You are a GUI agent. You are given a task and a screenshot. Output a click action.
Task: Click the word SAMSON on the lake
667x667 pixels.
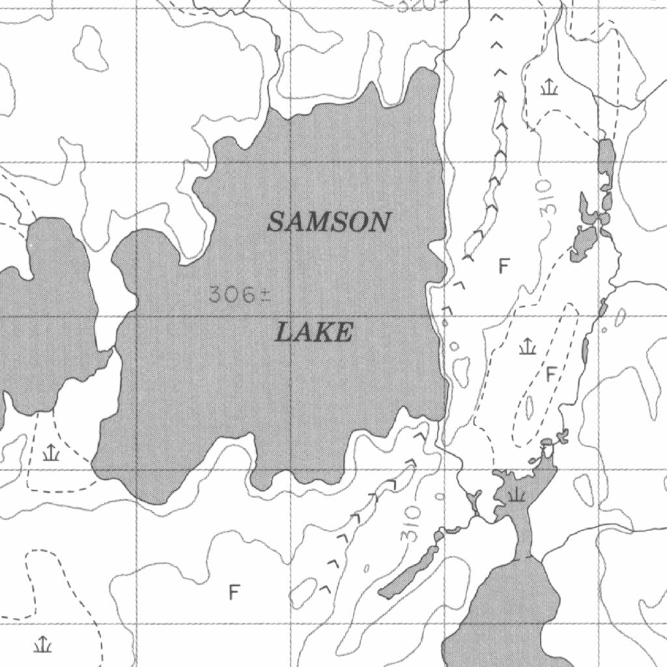(x=329, y=222)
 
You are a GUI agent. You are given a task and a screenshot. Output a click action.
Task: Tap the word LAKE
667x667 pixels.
(x=314, y=333)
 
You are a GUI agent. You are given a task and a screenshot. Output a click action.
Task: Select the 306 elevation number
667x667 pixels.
(x=232, y=295)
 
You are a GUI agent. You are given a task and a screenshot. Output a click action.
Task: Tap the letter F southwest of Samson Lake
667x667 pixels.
(x=234, y=592)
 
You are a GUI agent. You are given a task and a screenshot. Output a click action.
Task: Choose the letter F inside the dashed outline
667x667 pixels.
(x=550, y=374)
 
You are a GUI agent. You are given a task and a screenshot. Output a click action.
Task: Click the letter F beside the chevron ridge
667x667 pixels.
(x=503, y=265)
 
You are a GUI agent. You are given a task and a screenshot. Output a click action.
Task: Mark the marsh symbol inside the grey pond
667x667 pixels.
(x=517, y=494)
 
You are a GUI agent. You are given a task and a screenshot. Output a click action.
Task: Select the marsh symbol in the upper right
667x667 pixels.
(x=549, y=86)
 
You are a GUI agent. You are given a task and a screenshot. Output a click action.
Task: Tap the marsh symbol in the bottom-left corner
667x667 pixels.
(x=43, y=644)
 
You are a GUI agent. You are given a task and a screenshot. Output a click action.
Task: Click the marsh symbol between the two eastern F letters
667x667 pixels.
(x=527, y=346)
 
